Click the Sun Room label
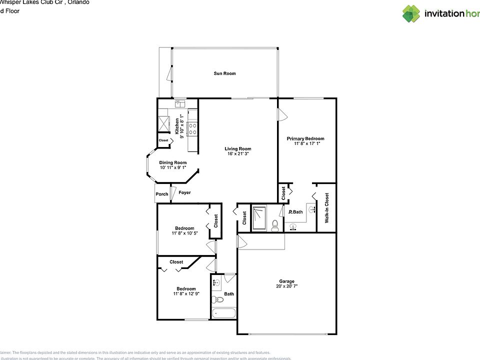pos(224,73)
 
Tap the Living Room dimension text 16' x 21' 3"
pos(237,154)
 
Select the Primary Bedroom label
pos(305,138)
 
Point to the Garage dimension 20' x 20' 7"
pos(286,286)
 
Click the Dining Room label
pos(173,162)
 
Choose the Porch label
pos(161,194)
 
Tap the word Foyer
pos(184,192)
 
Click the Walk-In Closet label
pos(327,207)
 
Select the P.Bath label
pos(296,212)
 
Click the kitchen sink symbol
pos(180,103)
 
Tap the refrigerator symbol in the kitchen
pos(164,123)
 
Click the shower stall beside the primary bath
pos(259,218)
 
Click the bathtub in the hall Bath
pos(223,313)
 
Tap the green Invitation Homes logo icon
pos(411,13)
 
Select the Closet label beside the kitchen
pos(163,140)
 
